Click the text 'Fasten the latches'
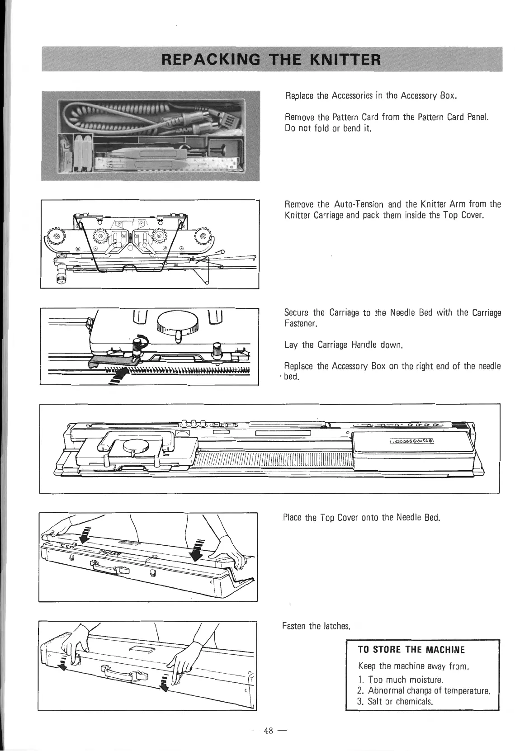(317, 626)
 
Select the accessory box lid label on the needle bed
(412, 442)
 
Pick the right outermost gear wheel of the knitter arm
(200, 236)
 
